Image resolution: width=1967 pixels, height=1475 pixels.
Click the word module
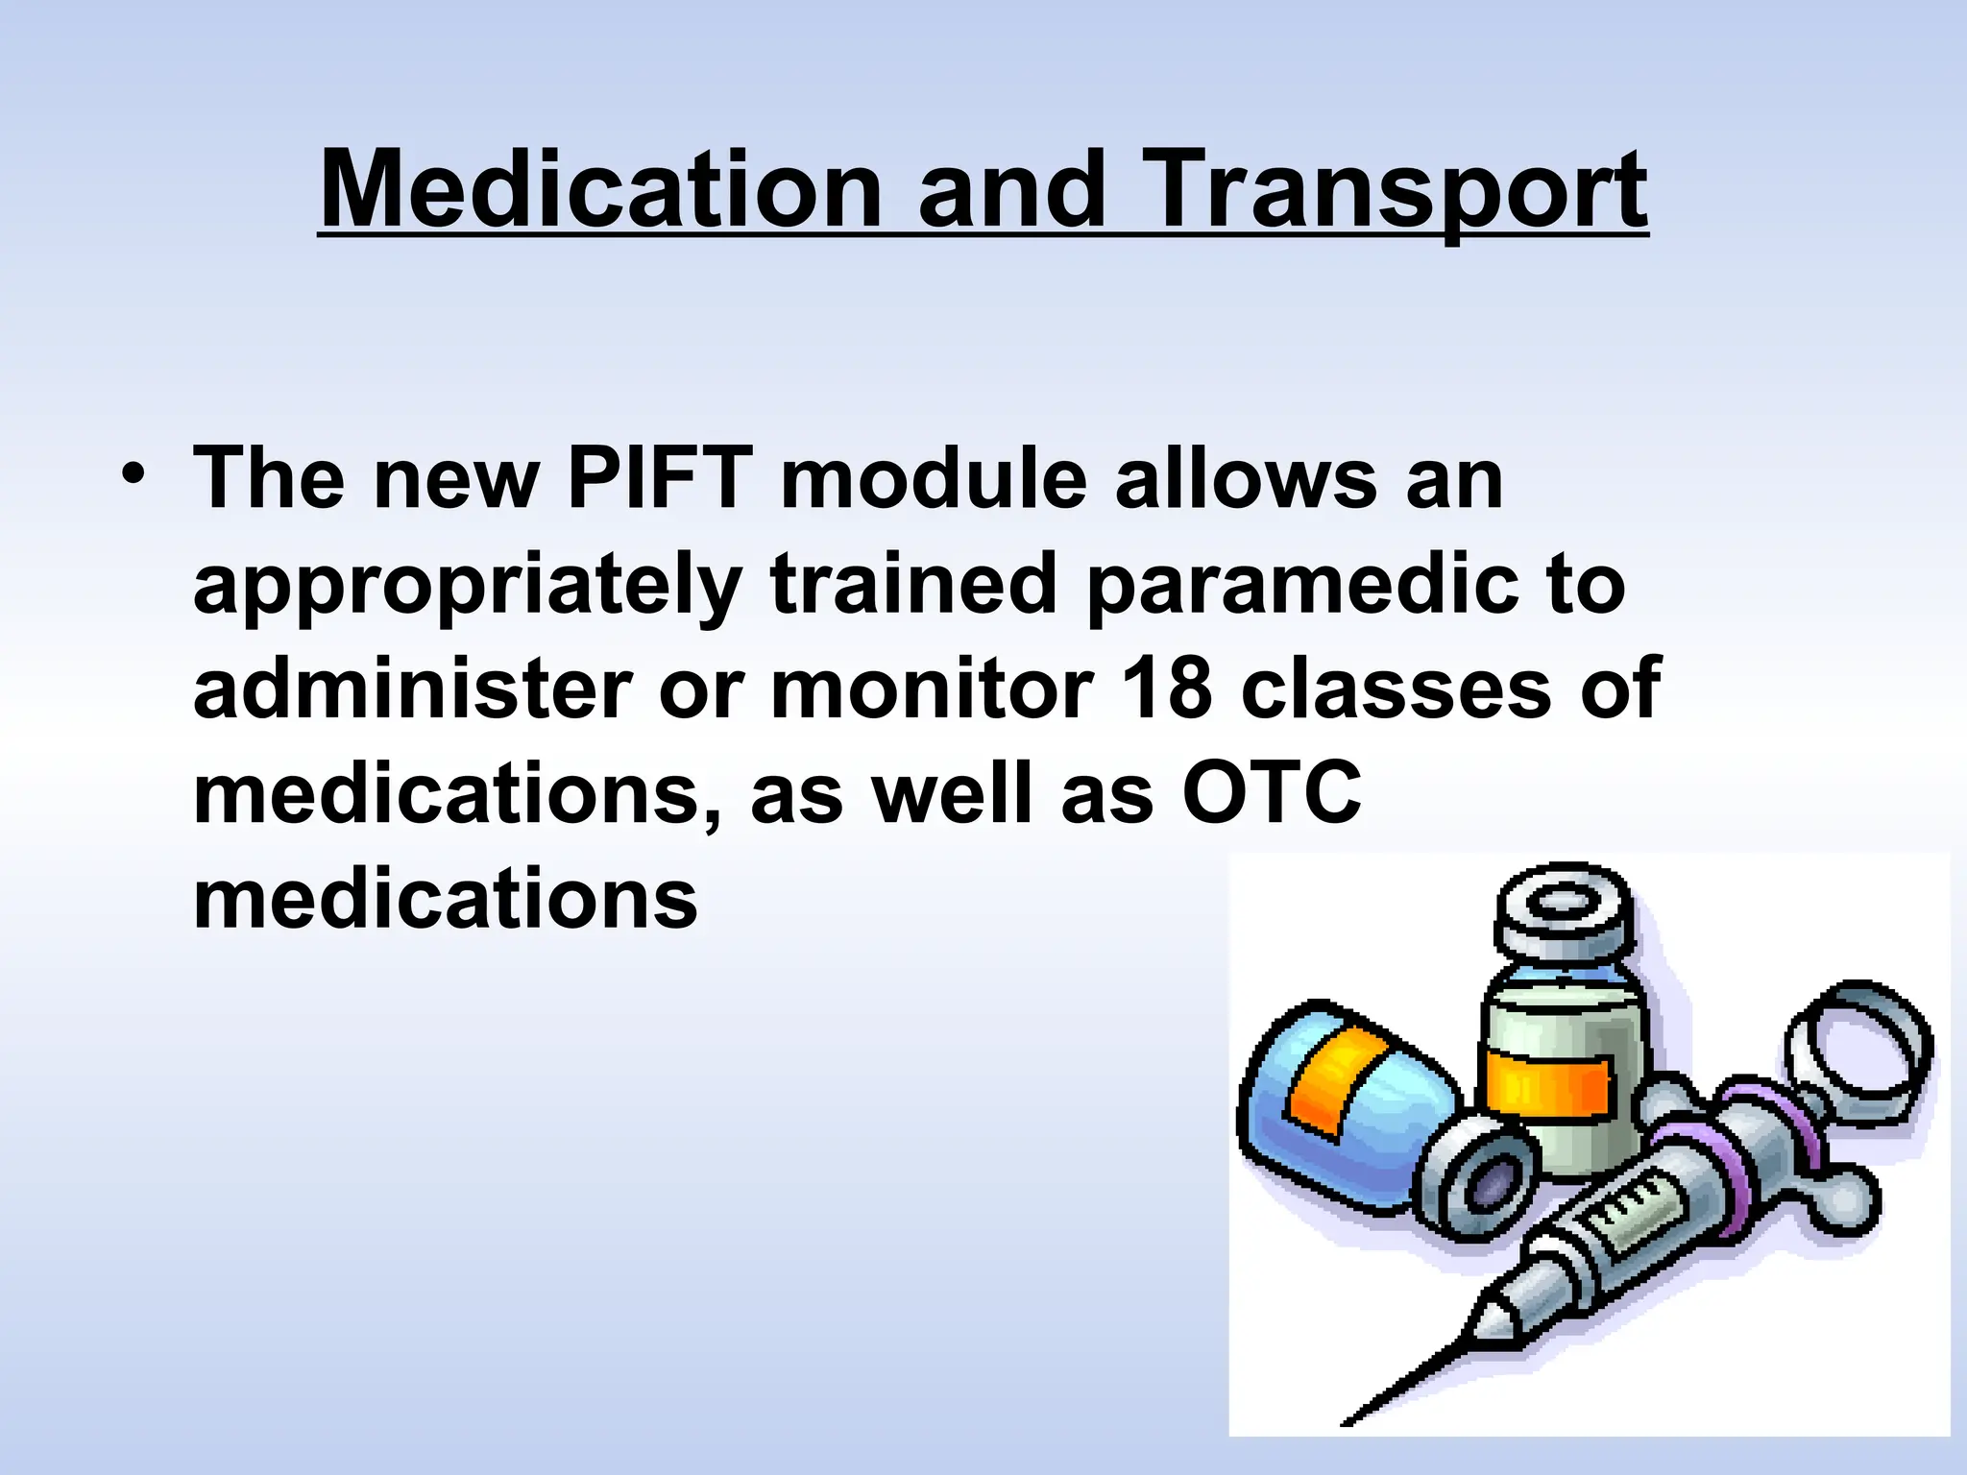coord(932,479)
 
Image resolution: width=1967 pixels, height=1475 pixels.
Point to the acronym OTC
coord(1272,795)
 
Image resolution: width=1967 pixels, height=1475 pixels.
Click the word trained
coord(912,585)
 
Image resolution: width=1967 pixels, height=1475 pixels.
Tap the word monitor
coord(932,689)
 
